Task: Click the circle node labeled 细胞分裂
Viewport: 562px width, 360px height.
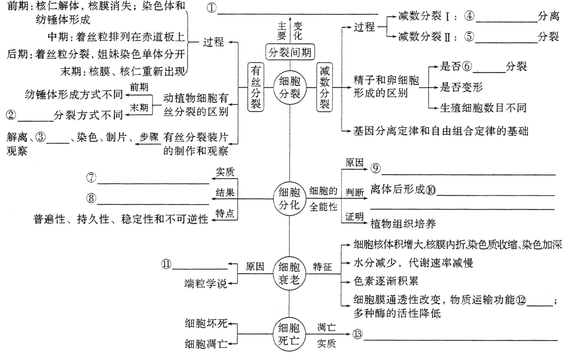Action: point(289,87)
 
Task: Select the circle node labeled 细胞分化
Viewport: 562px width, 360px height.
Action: point(289,198)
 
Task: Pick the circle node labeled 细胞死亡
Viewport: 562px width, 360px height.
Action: point(289,334)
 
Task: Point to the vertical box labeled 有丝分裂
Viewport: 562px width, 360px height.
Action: point(256,87)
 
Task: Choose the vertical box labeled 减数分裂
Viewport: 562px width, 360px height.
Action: point(324,87)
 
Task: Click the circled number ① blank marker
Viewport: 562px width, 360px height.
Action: point(212,8)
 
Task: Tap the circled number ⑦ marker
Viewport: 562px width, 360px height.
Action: point(91,178)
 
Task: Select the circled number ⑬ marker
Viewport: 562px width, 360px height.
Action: point(357,334)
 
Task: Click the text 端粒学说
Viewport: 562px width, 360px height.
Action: point(205,283)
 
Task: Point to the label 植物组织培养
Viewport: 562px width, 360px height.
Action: point(403,223)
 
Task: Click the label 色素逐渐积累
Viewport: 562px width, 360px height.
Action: point(386,281)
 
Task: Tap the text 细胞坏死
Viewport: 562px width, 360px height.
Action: point(206,323)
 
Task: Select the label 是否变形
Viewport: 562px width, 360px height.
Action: point(461,87)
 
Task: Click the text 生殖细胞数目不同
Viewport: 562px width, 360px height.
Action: point(483,108)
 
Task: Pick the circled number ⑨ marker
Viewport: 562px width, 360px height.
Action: point(375,168)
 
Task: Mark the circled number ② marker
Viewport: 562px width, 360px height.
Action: point(11,115)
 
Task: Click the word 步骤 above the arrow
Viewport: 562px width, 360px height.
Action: point(149,137)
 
